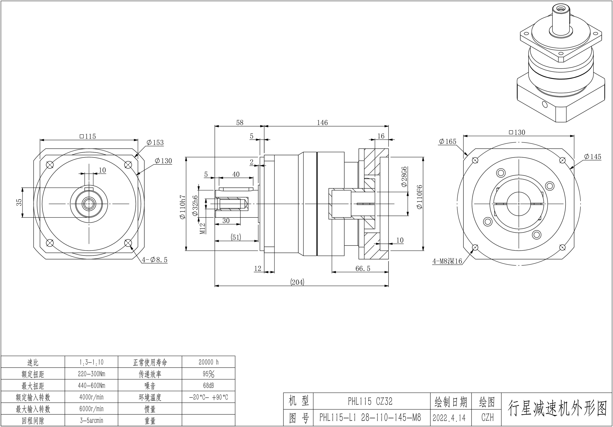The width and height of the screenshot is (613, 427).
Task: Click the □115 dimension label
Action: (88, 136)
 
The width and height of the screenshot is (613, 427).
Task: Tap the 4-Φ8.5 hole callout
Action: (155, 260)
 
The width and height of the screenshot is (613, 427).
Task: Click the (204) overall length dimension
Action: (297, 282)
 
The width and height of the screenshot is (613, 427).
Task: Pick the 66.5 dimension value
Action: (363, 268)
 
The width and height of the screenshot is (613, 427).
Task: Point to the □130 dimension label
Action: (517, 132)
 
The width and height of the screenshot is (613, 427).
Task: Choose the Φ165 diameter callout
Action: (448, 141)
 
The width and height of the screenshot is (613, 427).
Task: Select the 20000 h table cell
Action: (208, 362)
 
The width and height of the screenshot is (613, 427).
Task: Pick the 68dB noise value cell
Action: (208, 386)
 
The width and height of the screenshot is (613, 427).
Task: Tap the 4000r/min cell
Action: (91, 397)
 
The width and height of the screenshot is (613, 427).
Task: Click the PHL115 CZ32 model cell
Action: (370, 401)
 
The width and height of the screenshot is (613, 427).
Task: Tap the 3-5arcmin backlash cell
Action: (91, 421)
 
